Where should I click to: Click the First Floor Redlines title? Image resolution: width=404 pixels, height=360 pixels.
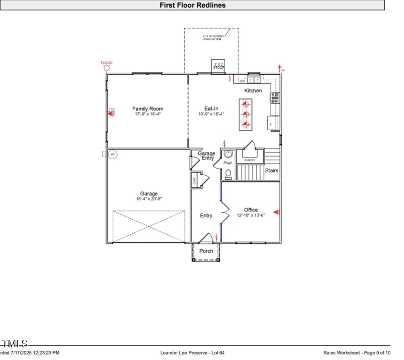[192, 5]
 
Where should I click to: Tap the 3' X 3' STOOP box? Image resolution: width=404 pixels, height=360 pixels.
[218, 66]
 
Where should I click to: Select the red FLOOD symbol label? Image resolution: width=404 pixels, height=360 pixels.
[107, 63]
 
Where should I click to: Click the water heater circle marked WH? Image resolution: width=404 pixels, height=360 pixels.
[113, 155]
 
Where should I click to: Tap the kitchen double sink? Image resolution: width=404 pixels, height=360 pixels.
[254, 80]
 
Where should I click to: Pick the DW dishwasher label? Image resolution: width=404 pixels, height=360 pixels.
[242, 81]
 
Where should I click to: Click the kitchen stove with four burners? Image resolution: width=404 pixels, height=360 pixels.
[275, 97]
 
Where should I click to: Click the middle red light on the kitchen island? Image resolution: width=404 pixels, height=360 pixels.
[246, 114]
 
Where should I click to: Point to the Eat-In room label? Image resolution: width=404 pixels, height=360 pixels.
[211, 109]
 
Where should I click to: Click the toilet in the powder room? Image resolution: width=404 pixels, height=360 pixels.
[228, 173]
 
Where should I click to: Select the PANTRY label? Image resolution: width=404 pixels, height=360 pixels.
[249, 160]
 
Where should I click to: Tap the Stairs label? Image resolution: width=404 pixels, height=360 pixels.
[272, 171]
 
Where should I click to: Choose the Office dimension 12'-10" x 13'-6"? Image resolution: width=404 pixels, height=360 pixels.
[251, 216]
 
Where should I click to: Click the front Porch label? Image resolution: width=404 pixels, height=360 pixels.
[206, 251]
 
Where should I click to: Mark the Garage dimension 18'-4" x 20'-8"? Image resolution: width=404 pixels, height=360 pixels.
[149, 199]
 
